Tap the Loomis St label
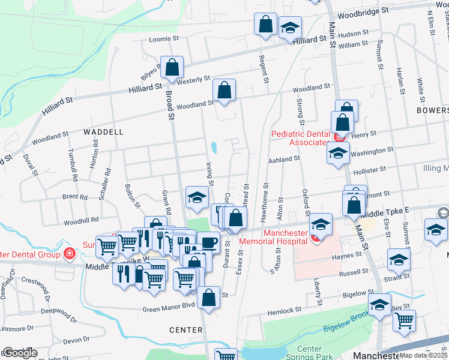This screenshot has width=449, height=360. point(164,40)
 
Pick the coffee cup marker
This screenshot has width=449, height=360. point(208,242)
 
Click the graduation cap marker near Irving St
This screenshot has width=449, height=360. point(196,198)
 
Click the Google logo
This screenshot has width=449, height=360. point(19,353)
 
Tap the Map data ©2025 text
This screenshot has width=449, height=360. point(424,355)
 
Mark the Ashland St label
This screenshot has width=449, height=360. point(284,159)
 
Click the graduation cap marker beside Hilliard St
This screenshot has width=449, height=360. point(290,29)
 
